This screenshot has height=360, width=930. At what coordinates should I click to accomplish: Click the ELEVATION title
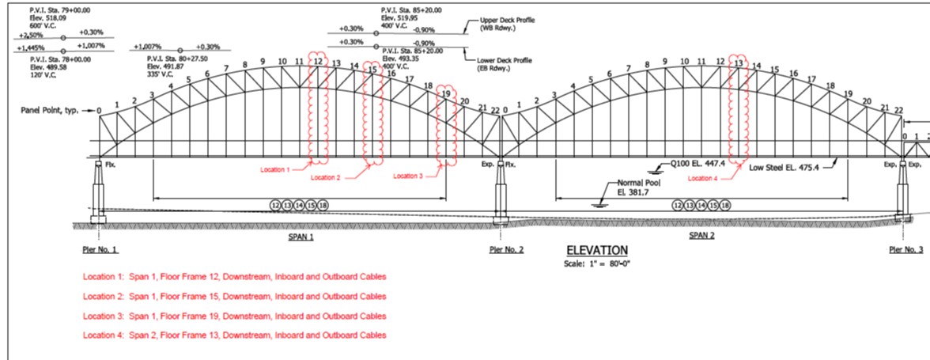click(x=597, y=250)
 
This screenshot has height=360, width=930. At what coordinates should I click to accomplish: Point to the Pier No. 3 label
click(x=905, y=250)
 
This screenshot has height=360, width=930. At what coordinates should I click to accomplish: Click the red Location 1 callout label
click(x=275, y=170)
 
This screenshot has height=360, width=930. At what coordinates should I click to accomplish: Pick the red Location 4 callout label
click(x=703, y=179)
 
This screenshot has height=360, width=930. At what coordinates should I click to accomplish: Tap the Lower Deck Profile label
click(x=505, y=64)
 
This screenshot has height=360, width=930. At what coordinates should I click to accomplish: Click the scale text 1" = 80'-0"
click(x=597, y=263)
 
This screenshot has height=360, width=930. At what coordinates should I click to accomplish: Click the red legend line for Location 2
click(x=235, y=297)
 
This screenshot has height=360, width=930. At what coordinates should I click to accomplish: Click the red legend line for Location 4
click(x=235, y=335)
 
